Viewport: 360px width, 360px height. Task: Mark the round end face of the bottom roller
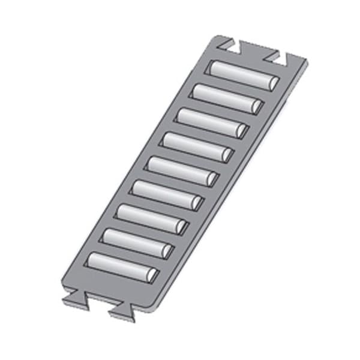(152, 275)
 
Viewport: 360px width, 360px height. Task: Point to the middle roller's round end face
(212, 179)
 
